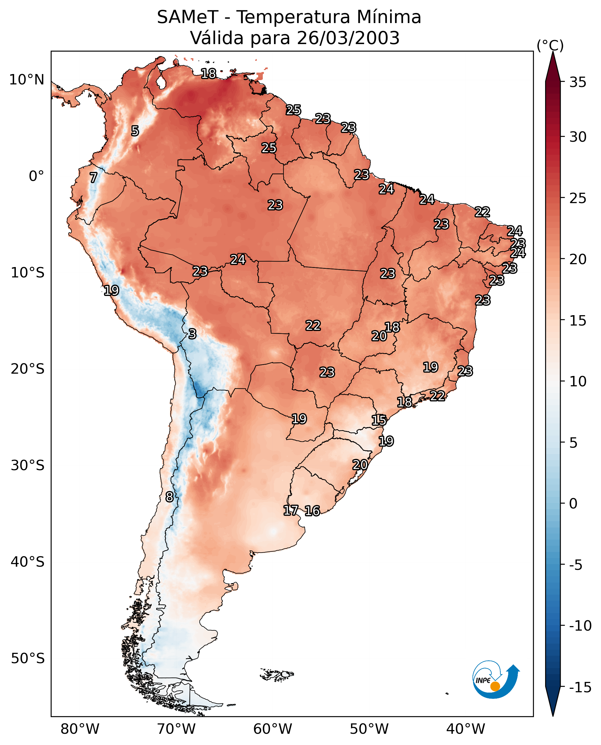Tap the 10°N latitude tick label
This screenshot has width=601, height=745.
(27, 80)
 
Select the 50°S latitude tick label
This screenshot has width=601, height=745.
(27, 658)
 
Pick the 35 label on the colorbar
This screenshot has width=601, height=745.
(578, 82)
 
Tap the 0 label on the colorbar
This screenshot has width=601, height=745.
(573, 503)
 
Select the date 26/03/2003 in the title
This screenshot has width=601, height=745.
(348, 38)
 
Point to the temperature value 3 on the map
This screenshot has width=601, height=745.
(192, 334)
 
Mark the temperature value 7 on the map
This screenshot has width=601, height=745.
(93, 177)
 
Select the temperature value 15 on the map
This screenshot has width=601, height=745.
(379, 420)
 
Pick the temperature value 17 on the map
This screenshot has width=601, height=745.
(290, 510)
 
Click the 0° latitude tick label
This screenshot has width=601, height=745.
(36, 176)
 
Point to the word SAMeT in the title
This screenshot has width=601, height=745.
(188, 17)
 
